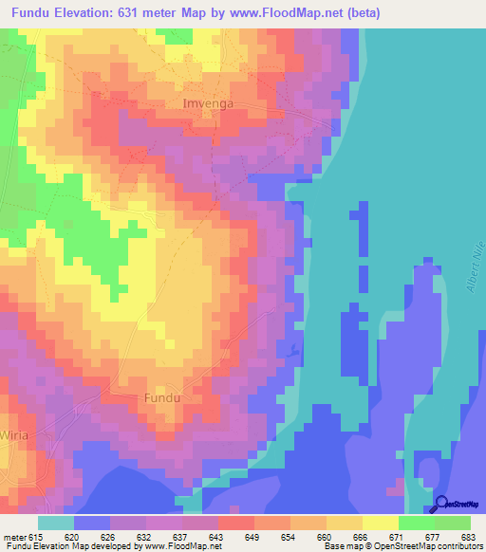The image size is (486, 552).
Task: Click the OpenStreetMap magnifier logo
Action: pos(443,504)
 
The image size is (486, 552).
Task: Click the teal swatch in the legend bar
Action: pos(56,523)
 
